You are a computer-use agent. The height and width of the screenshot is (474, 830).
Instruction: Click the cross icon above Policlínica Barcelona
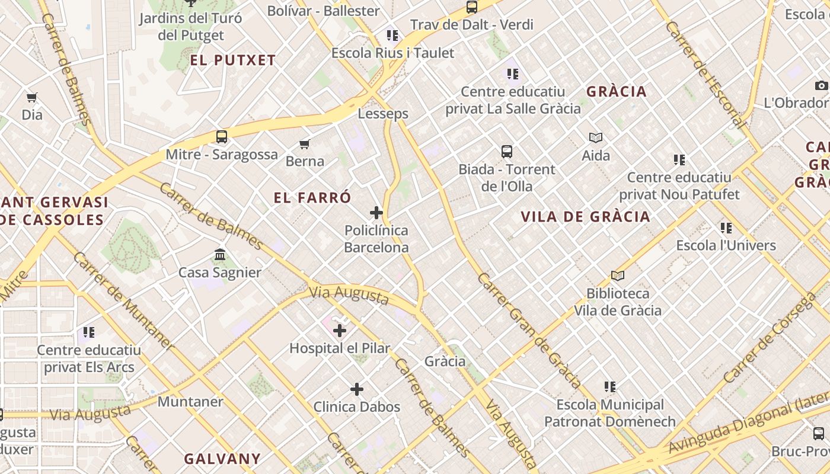pyautogui.click(x=376, y=213)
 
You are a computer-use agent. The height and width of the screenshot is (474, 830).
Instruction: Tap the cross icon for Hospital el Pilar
pyautogui.click(x=340, y=331)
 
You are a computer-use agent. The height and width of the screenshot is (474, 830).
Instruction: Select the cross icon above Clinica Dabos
pyautogui.click(x=356, y=389)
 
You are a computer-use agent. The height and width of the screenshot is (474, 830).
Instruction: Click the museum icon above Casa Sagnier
pyautogui.click(x=220, y=255)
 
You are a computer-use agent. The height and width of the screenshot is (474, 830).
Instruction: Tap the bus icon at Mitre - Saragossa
pyautogui.click(x=221, y=137)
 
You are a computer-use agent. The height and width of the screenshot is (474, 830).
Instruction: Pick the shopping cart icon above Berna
pyautogui.click(x=305, y=144)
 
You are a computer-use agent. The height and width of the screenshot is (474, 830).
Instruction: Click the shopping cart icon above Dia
pyautogui.click(x=32, y=97)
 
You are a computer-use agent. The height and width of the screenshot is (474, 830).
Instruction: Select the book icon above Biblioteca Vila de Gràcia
pyautogui.click(x=618, y=276)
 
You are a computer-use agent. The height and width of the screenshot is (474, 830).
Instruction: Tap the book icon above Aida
pyautogui.click(x=596, y=138)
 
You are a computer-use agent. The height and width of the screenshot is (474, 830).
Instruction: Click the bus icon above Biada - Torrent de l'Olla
pyautogui.click(x=506, y=152)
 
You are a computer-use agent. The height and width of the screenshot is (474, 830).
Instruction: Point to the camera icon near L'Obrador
pyautogui.click(x=821, y=85)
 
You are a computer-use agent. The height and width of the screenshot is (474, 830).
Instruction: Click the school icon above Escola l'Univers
pyautogui.click(x=726, y=228)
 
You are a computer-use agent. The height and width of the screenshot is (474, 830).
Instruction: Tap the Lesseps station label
pyautogui.click(x=383, y=113)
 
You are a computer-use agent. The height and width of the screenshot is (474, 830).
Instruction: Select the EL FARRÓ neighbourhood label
pyautogui.click(x=312, y=197)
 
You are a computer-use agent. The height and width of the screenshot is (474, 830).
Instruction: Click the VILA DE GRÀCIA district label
pyautogui.click(x=585, y=216)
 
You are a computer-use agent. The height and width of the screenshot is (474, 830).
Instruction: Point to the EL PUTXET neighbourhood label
pyautogui.click(x=233, y=60)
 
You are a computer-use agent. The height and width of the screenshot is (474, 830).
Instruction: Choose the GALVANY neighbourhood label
pyautogui.click(x=222, y=459)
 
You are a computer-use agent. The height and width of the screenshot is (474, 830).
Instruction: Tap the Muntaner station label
pyautogui.click(x=190, y=402)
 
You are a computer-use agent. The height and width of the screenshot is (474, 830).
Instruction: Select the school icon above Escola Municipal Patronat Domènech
pyautogui.click(x=610, y=387)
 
